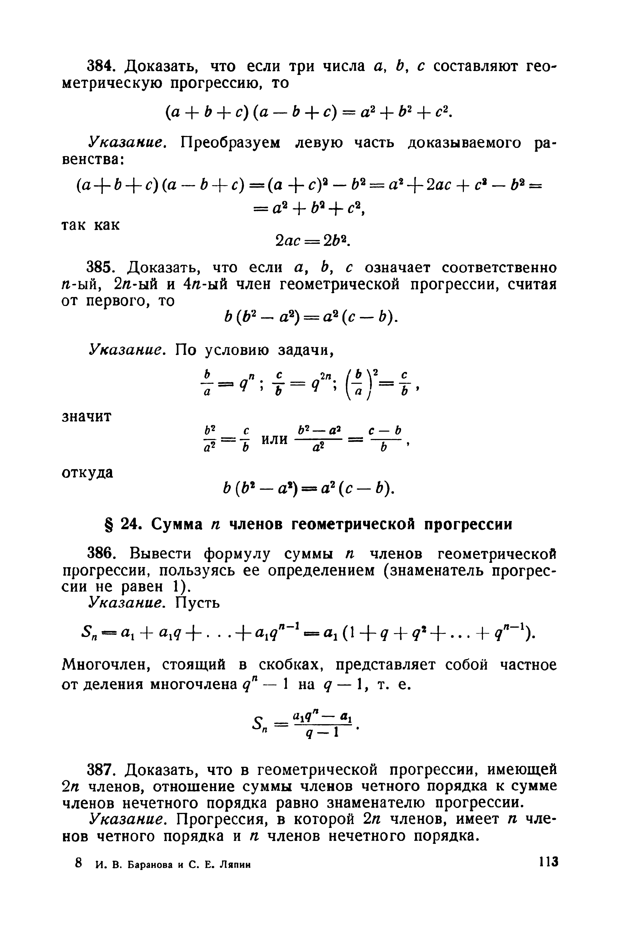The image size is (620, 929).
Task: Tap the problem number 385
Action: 99,268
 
